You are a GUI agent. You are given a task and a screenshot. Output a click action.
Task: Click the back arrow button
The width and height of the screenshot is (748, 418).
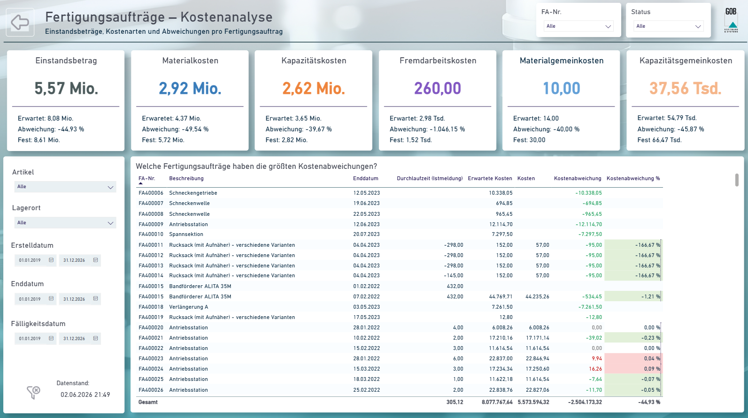pos(20,23)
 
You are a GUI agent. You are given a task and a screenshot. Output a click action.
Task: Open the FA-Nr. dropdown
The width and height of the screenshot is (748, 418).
pos(578,26)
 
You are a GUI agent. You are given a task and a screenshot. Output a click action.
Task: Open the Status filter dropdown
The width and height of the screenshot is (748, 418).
pos(668,26)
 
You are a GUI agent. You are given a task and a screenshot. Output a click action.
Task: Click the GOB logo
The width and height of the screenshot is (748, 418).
pos(731,20)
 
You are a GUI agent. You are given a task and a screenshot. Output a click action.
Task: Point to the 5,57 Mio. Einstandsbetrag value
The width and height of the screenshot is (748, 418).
pos(66,88)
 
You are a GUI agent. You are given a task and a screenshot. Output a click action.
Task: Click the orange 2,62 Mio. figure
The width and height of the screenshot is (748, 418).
pos(314,88)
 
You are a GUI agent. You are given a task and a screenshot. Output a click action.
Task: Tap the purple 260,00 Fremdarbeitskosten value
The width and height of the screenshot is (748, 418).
pos(438,88)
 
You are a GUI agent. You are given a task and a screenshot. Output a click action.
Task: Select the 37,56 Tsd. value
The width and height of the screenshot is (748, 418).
pos(685,88)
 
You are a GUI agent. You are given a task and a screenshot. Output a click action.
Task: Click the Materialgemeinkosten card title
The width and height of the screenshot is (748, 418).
pos(561,61)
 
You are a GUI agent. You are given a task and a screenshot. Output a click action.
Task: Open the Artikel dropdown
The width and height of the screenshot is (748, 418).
pos(65,187)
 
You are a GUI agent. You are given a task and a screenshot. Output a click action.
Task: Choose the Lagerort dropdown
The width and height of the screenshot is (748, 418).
pos(65,223)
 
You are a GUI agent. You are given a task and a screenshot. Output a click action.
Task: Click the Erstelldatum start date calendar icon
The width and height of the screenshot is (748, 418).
pos(51,260)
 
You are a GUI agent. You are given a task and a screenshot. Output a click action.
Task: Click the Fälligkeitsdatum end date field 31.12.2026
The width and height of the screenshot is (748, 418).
pos(74,338)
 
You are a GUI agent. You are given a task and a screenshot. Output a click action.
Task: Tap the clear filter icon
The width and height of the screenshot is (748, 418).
pos(33,392)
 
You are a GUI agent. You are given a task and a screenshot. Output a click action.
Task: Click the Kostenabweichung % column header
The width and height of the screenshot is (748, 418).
pos(633,178)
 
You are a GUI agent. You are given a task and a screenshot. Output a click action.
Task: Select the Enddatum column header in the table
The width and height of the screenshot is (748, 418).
pos(366,178)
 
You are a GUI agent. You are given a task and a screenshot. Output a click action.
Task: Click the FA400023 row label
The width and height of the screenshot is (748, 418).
pos(151,358)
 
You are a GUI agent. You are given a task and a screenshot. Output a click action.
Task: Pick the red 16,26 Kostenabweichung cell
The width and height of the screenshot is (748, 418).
pos(595,369)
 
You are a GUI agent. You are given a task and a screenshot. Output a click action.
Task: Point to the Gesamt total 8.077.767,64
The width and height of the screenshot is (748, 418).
pos(497,403)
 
